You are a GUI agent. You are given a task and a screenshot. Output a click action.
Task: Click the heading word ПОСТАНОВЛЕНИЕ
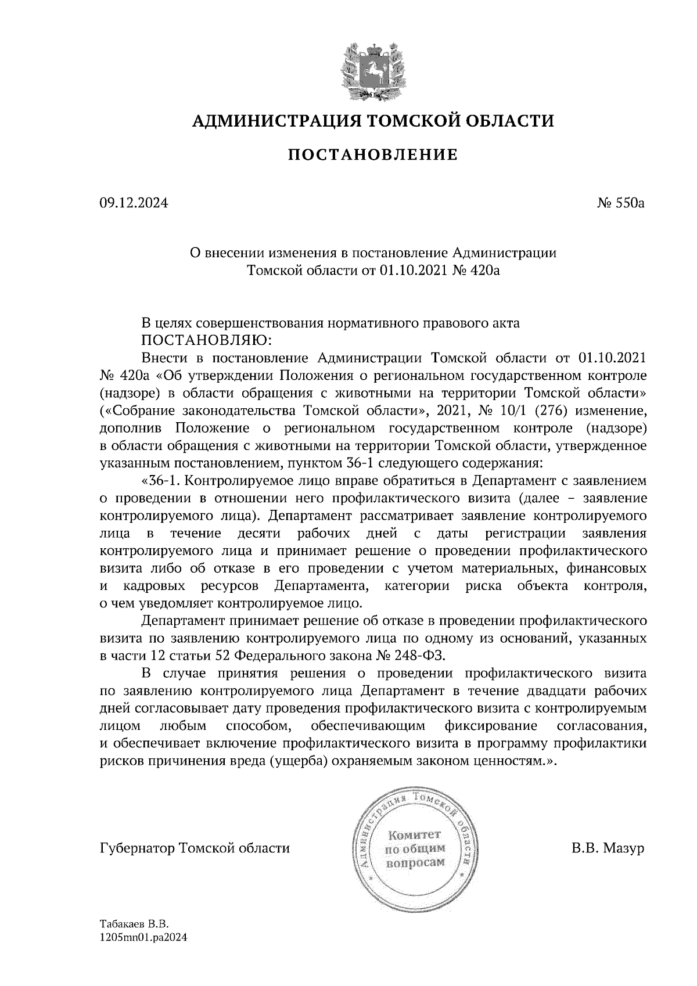pyautogui.click(x=373, y=155)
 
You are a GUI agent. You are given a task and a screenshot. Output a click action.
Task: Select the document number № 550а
pyautogui.click(x=620, y=203)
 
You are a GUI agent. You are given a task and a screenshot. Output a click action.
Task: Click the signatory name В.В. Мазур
pyautogui.click(x=608, y=848)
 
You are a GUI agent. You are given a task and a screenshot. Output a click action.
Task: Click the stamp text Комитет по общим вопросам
pyautogui.click(x=414, y=849)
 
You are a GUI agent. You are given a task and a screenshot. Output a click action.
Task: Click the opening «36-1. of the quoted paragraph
pyautogui.click(x=161, y=481)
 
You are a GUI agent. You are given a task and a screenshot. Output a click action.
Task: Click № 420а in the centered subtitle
pyautogui.click(x=475, y=270)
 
